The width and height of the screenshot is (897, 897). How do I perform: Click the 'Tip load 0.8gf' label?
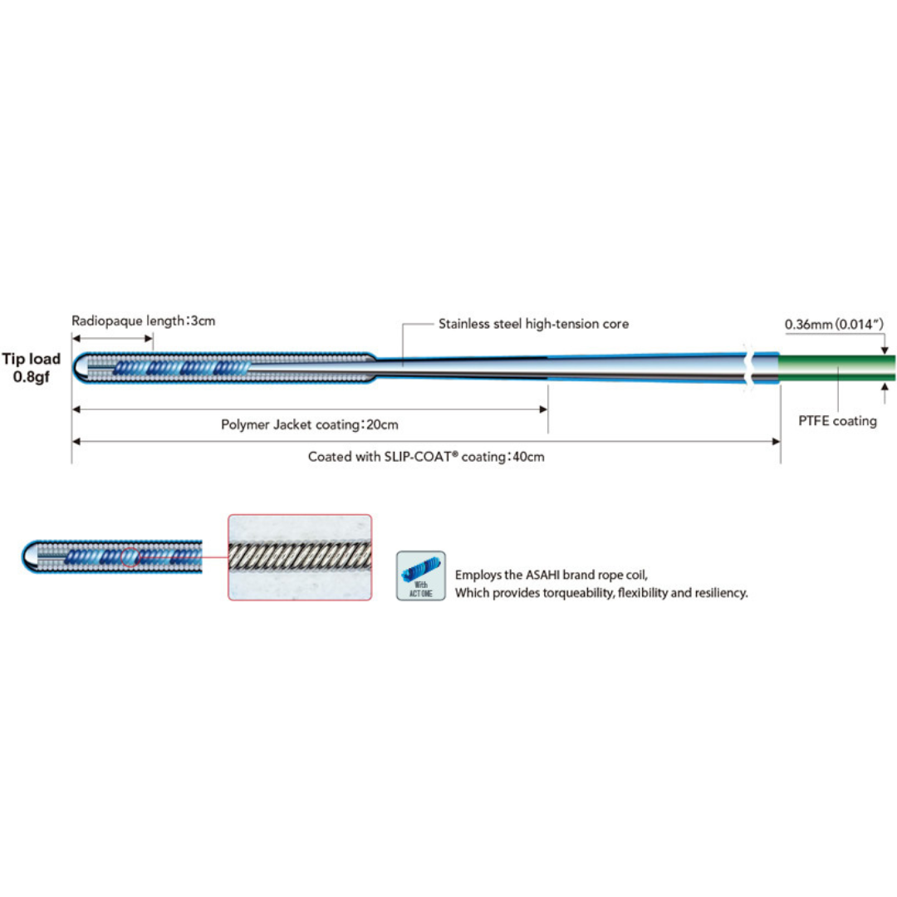point(32,366)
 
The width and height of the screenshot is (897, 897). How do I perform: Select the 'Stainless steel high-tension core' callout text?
point(533,324)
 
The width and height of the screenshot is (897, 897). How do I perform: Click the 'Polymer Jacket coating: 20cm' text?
point(310,424)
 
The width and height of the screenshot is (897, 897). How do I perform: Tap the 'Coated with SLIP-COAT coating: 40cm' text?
point(426,457)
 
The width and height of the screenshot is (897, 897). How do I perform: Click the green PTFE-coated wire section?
point(835,366)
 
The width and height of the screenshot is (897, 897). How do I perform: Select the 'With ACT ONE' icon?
point(421,576)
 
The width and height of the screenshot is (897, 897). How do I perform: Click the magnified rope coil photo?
point(300,557)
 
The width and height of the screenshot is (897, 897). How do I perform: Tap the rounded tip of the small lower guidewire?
point(27,556)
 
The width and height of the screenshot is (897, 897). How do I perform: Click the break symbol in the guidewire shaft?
point(751,366)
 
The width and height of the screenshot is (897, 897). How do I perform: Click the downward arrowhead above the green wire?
point(885,350)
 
